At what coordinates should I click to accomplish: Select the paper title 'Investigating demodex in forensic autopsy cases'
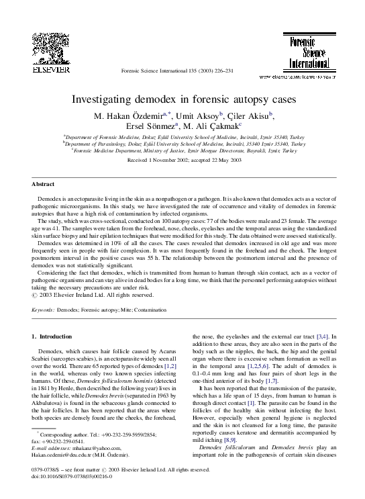pyautogui.click(x=183, y=99)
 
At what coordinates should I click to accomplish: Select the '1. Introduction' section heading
pyautogui.click(x=52, y=335)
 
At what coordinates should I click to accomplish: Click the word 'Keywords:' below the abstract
pyautogui.click(x=44, y=310)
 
